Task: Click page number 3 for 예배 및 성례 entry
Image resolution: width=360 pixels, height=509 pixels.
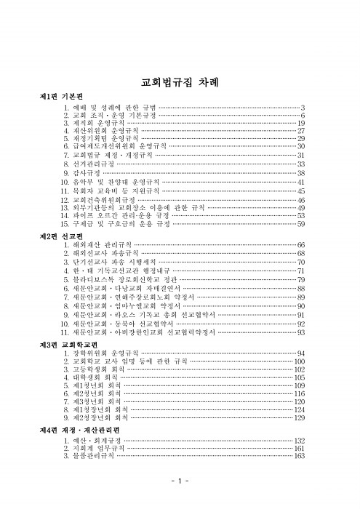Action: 302,108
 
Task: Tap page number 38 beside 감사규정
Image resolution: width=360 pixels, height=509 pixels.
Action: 300,174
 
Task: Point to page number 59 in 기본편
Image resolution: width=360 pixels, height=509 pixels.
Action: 300,225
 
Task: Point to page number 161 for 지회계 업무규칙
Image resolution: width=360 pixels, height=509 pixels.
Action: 299,449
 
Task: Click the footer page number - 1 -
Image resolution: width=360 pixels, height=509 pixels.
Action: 180,483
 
